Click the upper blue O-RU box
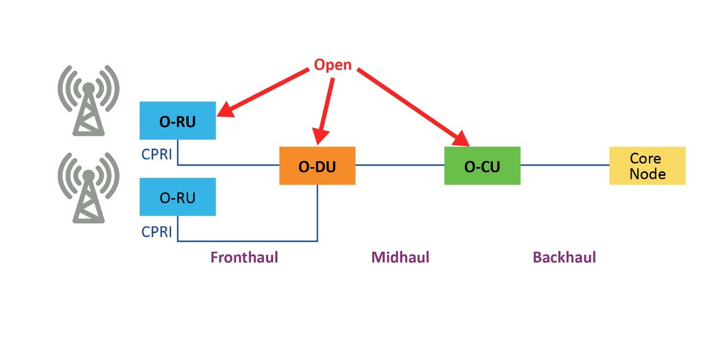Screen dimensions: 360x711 177,120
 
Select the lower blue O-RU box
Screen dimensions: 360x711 177,197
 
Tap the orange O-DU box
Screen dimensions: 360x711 317,166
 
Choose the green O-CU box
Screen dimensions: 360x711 482,166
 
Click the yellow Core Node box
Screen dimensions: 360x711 647,166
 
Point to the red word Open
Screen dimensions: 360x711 333,65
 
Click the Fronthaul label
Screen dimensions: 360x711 244,257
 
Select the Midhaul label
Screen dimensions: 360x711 400,257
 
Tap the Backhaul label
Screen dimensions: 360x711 564,257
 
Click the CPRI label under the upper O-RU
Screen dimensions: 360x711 157,155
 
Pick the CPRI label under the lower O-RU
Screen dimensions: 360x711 157,232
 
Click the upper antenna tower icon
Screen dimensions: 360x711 89,101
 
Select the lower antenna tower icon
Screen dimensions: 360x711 89,188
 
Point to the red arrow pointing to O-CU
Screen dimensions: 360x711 412,106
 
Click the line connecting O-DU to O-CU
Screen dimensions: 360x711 400,166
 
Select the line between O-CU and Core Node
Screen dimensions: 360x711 565,166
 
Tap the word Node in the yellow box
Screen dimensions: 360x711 647,174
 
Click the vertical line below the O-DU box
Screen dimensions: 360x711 317,211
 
